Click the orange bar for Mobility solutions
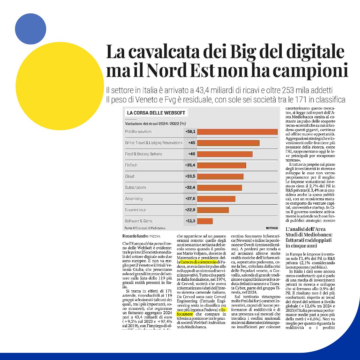[237, 132]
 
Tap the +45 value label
[191, 143]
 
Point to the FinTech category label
[131, 165]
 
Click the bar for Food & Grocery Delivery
[225, 154]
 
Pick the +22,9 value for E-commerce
[190, 210]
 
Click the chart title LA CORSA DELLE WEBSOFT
[156, 113]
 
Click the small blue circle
[30, 29]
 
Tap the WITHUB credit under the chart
[272, 228]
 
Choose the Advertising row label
[134, 199]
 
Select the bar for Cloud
[220, 176]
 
